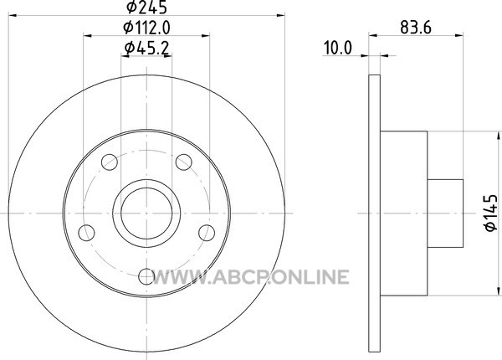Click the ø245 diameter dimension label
click(x=146, y=7)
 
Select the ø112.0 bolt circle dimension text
click(x=146, y=28)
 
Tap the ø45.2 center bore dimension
click(x=146, y=49)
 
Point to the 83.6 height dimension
click(x=416, y=28)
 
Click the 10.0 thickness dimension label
click(x=338, y=48)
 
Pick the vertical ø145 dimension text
click(x=490, y=213)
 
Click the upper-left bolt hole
click(x=110, y=162)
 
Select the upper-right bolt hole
click(x=184, y=162)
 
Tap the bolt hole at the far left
click(x=86, y=233)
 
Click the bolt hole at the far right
click(x=207, y=233)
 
